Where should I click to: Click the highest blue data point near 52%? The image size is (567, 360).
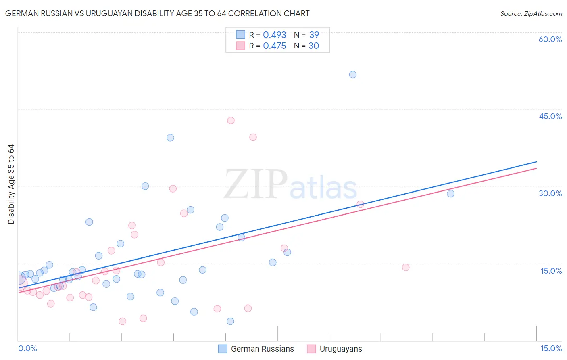click(x=353, y=75)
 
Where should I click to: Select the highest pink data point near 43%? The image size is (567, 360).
click(x=231, y=120)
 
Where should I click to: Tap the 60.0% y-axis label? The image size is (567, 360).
click(x=550, y=39)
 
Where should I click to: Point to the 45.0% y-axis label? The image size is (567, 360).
click(x=550, y=116)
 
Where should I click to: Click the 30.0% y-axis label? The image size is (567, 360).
click(x=550, y=193)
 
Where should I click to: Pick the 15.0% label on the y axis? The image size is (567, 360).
click(x=551, y=271)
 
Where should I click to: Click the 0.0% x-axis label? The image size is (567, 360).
click(x=27, y=348)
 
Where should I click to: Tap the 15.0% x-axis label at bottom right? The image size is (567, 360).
click(x=551, y=348)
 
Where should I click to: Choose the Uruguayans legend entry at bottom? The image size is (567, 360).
click(x=341, y=349)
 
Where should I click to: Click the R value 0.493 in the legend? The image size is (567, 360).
click(x=274, y=35)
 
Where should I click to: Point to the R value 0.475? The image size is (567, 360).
click(x=274, y=46)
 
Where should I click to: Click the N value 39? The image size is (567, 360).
click(x=314, y=35)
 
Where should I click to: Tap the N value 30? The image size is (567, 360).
click(x=314, y=46)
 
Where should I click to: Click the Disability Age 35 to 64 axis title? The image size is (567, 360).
click(x=11, y=184)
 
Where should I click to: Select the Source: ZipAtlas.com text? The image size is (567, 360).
click(x=531, y=14)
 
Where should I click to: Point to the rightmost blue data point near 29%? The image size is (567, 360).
click(x=450, y=194)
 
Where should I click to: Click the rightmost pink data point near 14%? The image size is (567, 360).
click(x=406, y=267)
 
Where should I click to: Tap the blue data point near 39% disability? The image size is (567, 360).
click(x=170, y=138)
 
